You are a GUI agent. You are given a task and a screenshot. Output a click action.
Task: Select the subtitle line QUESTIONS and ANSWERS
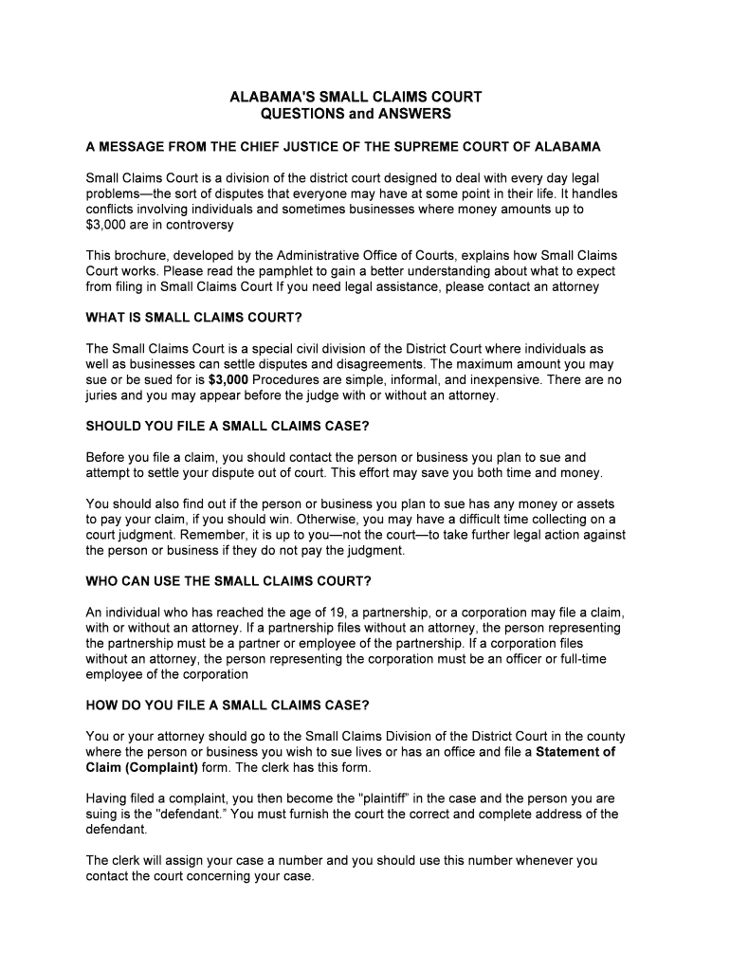[356, 114]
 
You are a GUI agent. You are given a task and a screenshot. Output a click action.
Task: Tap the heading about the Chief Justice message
[343, 147]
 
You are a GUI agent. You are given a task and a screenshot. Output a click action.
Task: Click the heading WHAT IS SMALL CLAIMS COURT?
[200, 317]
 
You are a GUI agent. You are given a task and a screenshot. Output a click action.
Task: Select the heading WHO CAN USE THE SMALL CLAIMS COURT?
[228, 580]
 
